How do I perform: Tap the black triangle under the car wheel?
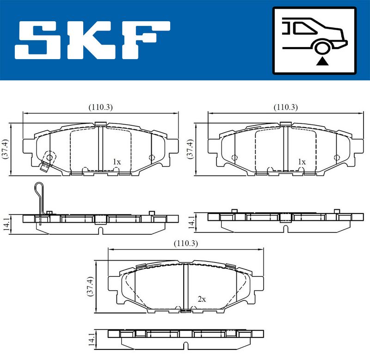[322, 61]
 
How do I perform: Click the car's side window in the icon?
[303, 28]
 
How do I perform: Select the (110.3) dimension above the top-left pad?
[100, 107]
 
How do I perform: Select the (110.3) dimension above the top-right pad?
[285, 107]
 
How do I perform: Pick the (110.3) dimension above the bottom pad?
[186, 243]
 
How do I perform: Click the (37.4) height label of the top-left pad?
[5, 149]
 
